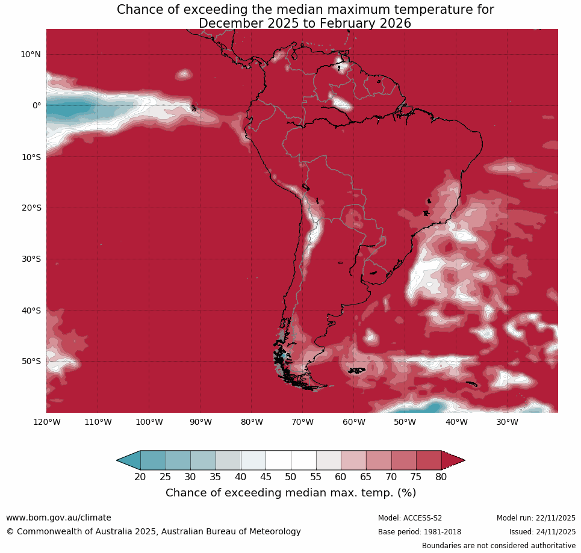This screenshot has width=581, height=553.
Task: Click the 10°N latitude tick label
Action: coord(31,54)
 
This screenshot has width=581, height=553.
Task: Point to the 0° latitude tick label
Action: coord(37,105)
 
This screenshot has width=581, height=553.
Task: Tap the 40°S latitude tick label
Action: coord(31,310)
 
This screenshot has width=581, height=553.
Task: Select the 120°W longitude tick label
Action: coord(46,422)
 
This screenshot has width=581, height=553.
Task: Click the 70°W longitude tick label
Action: coord(302,422)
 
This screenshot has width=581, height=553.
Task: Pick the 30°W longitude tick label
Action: coord(507,422)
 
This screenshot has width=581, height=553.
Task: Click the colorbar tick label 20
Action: coord(140,477)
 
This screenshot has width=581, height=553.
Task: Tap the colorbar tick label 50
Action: coord(291,477)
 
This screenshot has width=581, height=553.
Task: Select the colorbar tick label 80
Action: coord(441,477)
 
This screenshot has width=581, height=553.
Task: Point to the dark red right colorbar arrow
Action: coord(452,460)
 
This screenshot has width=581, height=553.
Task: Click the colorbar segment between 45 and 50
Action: coord(278,460)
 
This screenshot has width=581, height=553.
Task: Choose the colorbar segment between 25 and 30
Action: coord(178,460)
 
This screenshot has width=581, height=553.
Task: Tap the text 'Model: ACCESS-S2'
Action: coord(410,518)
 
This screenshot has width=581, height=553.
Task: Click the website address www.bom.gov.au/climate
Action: coord(58,517)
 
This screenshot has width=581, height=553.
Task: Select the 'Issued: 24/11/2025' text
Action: coord(542,532)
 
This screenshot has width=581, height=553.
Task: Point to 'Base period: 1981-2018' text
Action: coord(420,532)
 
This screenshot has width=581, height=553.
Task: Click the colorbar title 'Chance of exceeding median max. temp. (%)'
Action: coord(291,493)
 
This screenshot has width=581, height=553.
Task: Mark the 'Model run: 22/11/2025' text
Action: coord(536,518)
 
